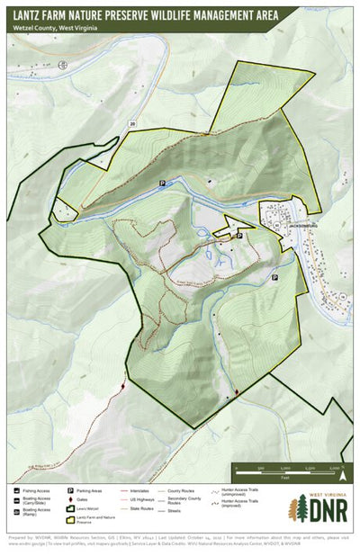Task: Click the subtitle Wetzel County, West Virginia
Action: click(x=56, y=28)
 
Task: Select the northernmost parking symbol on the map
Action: click(x=162, y=183)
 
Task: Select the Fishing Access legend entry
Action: click(x=32, y=491)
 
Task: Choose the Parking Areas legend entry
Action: click(x=90, y=491)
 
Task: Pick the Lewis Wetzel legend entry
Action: click(x=90, y=509)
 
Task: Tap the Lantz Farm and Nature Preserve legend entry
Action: click(x=94, y=520)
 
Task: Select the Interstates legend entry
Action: click(x=137, y=491)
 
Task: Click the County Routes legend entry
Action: click(x=184, y=491)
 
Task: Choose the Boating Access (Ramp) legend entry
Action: click(x=32, y=511)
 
